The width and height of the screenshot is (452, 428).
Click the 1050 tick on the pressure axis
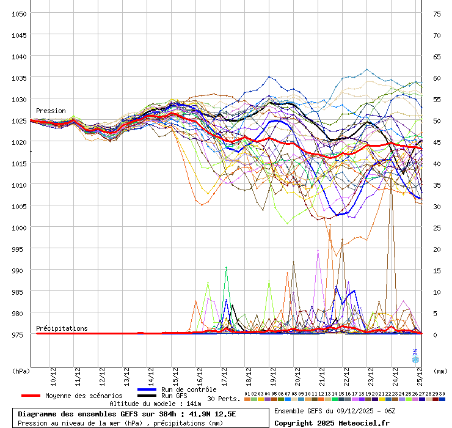[19, 13]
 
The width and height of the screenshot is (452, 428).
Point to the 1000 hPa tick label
[19, 227]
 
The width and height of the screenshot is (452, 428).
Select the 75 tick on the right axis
[437, 13]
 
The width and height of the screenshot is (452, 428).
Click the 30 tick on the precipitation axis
[437, 206]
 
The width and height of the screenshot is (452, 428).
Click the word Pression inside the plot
[51, 111]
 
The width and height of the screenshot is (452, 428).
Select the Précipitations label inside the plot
[62, 328]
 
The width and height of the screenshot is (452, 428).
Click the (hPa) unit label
[21, 371]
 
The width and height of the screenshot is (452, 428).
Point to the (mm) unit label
[440, 371]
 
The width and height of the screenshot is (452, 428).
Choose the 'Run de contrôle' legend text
[189, 389]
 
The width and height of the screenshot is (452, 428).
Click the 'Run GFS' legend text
[174, 396]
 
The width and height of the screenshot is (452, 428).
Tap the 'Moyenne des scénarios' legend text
[84, 396]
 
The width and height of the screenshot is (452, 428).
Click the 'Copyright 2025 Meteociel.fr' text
[332, 422]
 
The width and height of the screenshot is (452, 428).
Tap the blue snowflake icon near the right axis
[415, 359]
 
